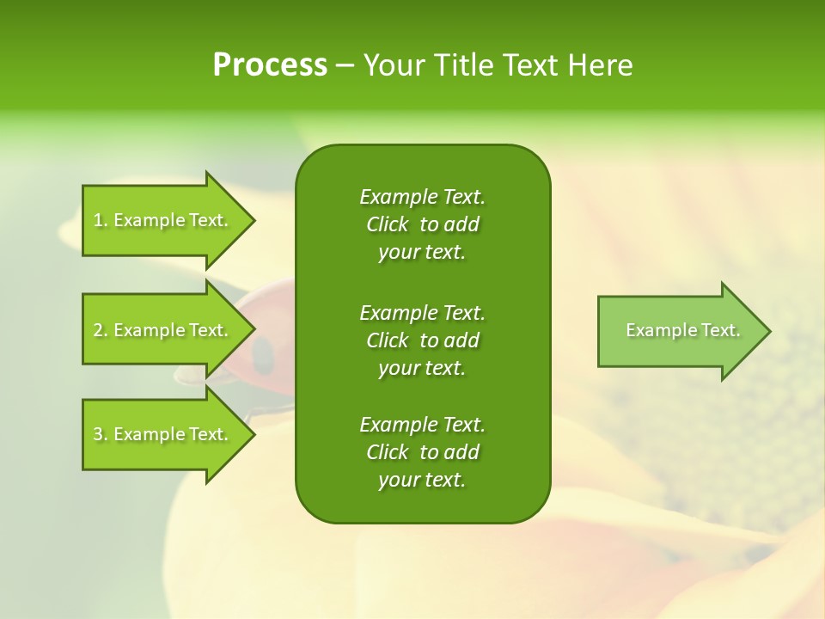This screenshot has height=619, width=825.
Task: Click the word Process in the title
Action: [x=270, y=65]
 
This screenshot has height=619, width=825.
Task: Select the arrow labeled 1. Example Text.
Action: [x=163, y=220]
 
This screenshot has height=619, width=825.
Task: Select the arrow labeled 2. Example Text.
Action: [x=163, y=330]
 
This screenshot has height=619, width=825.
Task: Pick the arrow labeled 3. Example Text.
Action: [x=163, y=434]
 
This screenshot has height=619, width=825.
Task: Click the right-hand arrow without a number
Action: [x=679, y=331]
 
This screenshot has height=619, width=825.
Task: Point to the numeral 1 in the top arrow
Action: [x=98, y=220]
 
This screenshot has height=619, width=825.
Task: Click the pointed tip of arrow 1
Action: [x=253, y=220]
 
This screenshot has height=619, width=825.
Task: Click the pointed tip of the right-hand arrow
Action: [x=768, y=331]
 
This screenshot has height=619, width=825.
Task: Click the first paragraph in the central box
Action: [x=422, y=224]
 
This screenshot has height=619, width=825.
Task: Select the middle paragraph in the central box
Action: [x=422, y=340]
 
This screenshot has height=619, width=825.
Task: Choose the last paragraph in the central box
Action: [x=422, y=452]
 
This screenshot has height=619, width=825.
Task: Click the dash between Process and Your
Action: [x=345, y=66]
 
